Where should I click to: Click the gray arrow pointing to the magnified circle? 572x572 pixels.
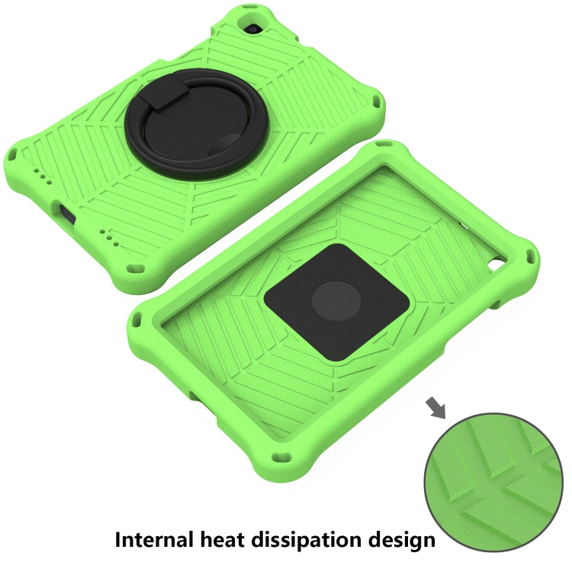click(x=438, y=409)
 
